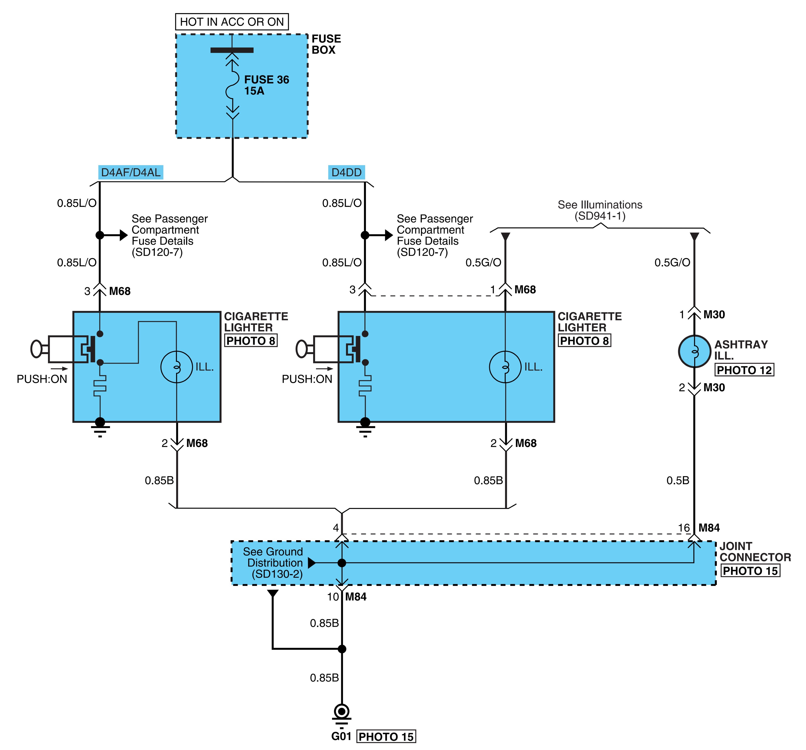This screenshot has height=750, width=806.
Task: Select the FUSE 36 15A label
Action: [266, 85]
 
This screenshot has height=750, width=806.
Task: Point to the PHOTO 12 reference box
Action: [744, 370]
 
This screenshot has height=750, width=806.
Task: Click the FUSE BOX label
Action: [326, 44]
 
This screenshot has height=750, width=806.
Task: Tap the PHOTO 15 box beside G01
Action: [386, 737]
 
